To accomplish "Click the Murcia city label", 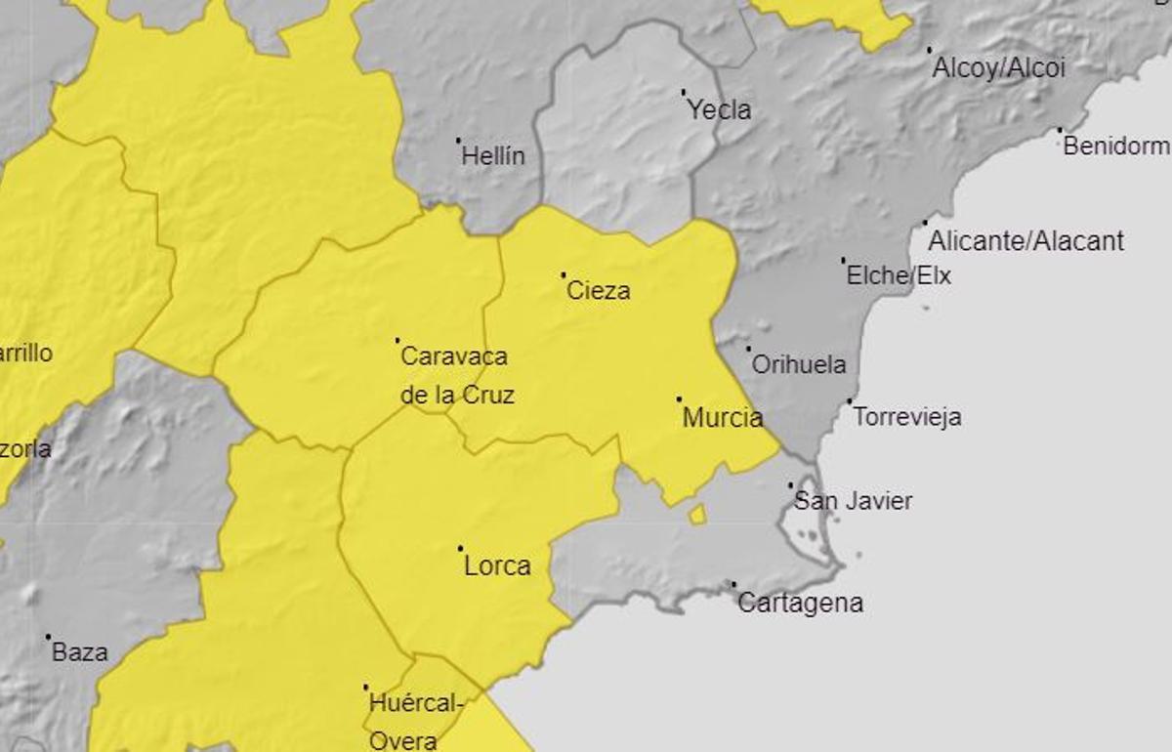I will click(x=723, y=419).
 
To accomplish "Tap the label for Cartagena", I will click(x=800, y=604).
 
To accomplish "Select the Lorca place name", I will click(x=497, y=566).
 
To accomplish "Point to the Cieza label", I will click(x=598, y=291).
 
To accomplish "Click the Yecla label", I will click(x=720, y=110).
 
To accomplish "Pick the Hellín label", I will click(x=493, y=156).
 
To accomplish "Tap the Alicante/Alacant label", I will click(x=1025, y=241).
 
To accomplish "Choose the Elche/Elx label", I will click(x=899, y=276).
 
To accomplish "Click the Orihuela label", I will click(x=799, y=365).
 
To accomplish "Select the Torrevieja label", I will click(x=907, y=418).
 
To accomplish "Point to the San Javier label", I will click(x=854, y=502).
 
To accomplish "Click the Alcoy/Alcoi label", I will click(x=998, y=68).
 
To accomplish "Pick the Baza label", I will click(x=80, y=652).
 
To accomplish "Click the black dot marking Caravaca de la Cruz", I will click(x=398, y=340).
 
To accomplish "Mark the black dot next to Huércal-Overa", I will click(x=366, y=688).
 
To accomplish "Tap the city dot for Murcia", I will click(x=679, y=399).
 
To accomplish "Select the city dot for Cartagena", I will click(x=733, y=584).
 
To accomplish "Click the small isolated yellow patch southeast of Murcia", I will click(x=697, y=515).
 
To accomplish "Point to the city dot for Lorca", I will click(x=460, y=548).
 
